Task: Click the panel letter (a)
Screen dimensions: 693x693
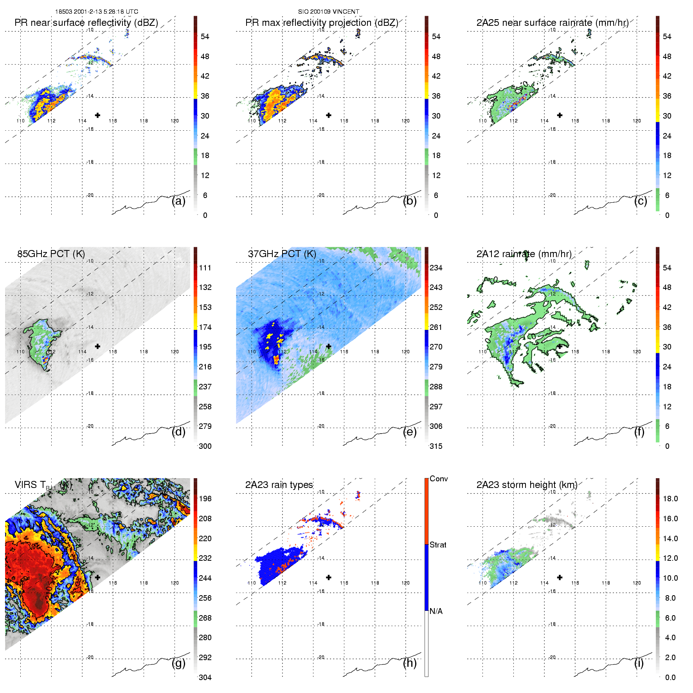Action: click(x=178, y=201)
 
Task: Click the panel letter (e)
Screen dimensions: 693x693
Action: click(x=410, y=432)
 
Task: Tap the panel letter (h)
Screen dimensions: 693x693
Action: click(x=410, y=663)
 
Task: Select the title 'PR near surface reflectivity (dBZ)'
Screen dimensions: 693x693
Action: click(x=86, y=23)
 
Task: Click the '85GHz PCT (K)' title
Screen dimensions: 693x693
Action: click(x=51, y=254)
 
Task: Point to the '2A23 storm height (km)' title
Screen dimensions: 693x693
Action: click(x=527, y=485)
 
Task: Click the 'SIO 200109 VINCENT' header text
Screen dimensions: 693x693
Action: click(x=328, y=12)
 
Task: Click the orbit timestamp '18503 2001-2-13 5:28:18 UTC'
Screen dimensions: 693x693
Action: click(x=96, y=12)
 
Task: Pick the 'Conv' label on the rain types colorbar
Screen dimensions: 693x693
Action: click(x=439, y=479)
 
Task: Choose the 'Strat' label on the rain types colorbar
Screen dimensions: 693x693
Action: click(x=438, y=545)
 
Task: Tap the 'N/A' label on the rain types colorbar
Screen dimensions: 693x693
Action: click(x=436, y=611)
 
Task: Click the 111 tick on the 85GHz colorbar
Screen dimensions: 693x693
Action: click(x=205, y=268)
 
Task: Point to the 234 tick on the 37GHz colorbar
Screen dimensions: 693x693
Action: click(x=436, y=268)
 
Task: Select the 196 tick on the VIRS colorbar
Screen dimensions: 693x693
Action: click(x=205, y=499)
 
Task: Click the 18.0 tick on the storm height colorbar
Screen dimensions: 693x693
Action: click(x=670, y=499)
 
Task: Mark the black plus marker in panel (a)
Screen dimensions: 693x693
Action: click(x=97, y=115)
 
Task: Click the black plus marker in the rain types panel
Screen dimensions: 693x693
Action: click(x=329, y=577)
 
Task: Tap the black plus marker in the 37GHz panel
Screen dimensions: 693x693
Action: click(x=329, y=346)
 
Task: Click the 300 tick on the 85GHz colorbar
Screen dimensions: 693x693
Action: click(x=205, y=446)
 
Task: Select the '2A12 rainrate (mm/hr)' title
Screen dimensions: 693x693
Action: click(x=524, y=254)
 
